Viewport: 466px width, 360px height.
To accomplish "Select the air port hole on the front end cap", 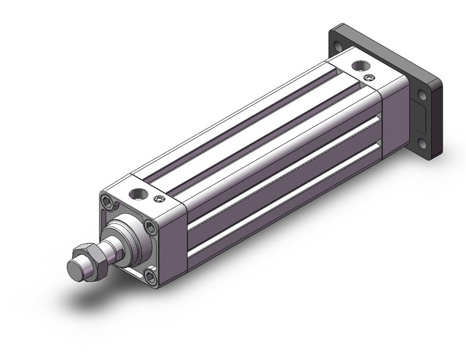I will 138,195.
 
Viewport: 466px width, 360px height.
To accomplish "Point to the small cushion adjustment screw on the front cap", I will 160,198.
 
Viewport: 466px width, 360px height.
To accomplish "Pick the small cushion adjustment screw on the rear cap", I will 368,78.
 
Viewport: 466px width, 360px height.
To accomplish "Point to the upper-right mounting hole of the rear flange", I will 423,96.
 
